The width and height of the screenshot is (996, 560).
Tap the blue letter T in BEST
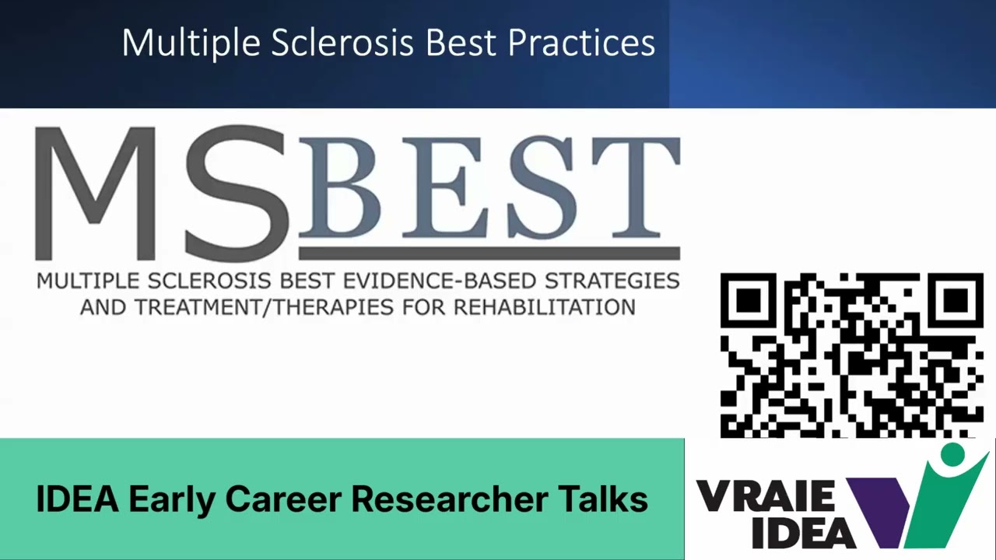(634, 189)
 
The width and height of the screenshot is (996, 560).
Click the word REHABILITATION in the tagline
(544, 306)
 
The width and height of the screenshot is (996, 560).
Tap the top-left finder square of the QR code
(747, 299)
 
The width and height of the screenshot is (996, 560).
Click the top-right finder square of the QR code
(956, 299)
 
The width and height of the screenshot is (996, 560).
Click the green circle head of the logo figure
(952, 454)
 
